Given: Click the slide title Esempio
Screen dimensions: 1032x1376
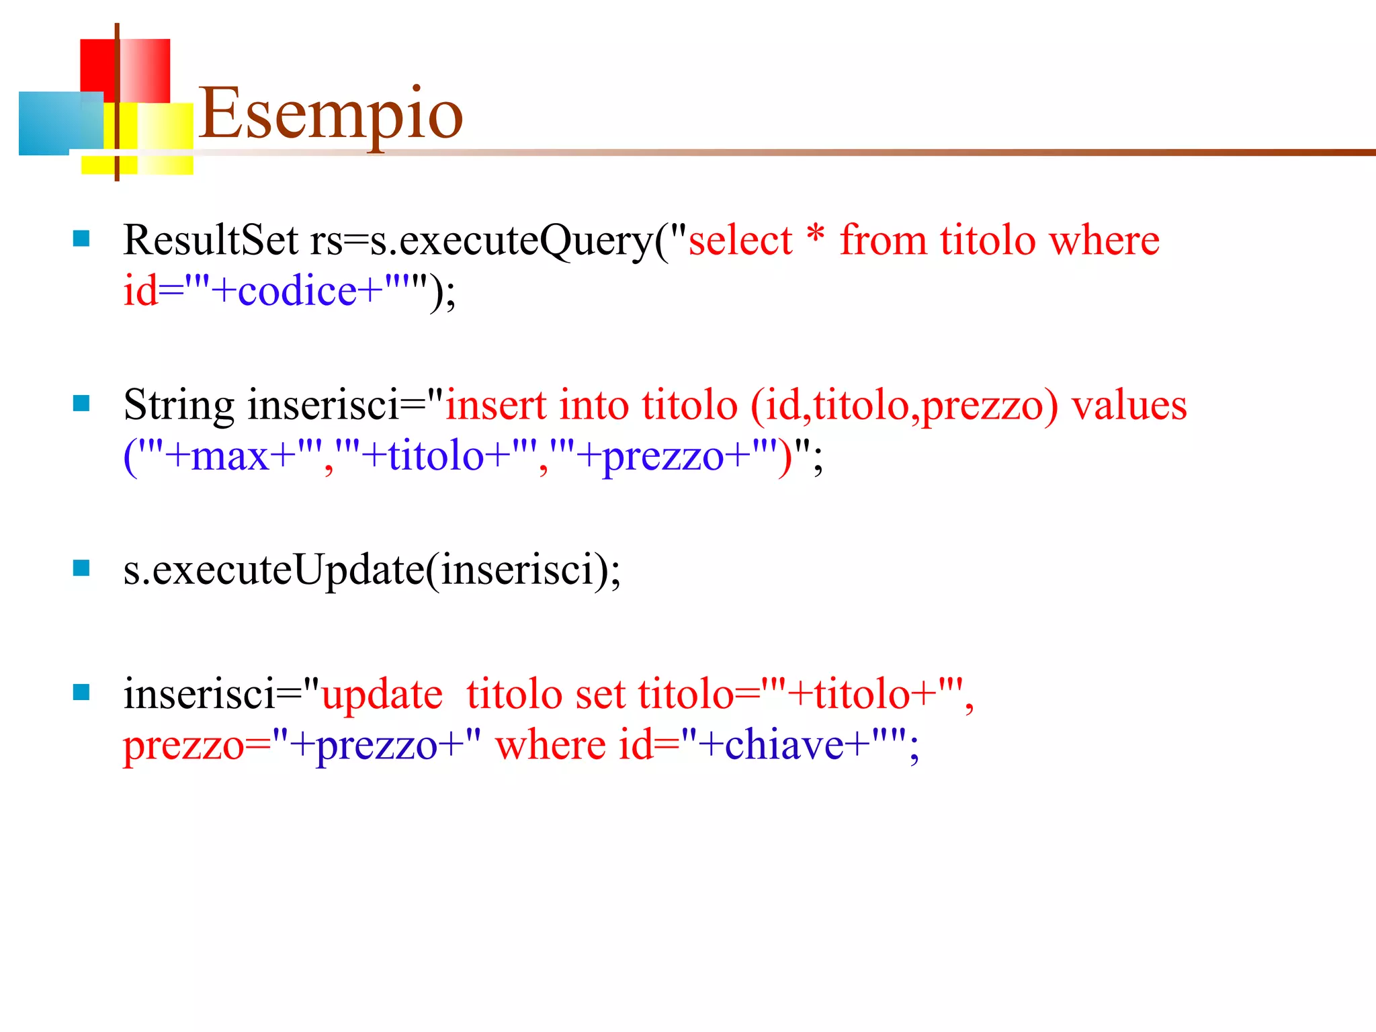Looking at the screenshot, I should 331,114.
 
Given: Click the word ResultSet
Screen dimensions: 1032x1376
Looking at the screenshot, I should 210,240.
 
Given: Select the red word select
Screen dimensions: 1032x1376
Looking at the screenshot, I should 740,241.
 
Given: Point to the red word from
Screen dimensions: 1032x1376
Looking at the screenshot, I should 883,240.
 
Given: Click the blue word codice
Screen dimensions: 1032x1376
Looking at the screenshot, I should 296,292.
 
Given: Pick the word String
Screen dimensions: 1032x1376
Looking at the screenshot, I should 178,406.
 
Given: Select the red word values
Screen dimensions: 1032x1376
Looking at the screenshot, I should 1129,405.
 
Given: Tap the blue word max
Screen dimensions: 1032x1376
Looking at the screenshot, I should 230,457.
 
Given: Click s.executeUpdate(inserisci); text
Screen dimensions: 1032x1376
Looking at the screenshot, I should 372,570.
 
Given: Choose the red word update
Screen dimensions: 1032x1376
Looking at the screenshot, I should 382,694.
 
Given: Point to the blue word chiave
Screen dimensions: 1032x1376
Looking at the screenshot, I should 783,745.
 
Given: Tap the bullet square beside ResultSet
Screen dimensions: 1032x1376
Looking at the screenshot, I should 81,239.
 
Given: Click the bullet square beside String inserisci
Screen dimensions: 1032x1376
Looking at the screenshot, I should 81,403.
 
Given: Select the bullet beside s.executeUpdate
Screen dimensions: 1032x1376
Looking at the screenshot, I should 81,568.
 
